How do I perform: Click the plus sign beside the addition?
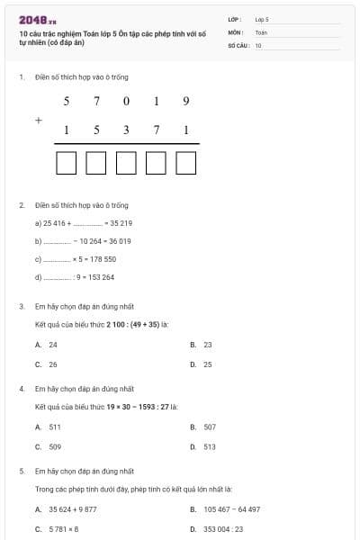[x=38, y=119]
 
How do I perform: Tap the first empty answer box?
[x=66, y=163]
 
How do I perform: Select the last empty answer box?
[x=186, y=163]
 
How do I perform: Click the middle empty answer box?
[x=126, y=163]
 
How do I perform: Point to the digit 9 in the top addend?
[x=185, y=100]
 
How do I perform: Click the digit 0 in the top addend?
[x=125, y=100]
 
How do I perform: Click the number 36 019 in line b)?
[x=118, y=241]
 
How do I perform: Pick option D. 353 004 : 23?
[x=222, y=529]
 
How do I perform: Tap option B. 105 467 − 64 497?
[x=231, y=509]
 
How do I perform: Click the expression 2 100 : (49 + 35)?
[x=133, y=323]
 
